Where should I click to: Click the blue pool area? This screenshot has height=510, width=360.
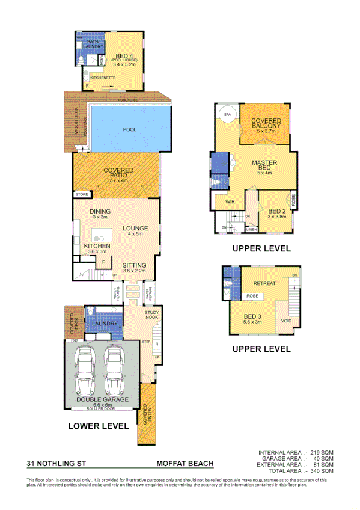(129, 129)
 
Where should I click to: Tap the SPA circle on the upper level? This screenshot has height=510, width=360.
(227, 114)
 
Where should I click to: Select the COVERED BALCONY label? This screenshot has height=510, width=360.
(266, 125)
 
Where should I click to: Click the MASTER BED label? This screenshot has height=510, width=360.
(265, 166)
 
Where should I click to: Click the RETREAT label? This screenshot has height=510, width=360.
(264, 283)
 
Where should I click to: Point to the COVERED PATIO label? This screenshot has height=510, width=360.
(118, 174)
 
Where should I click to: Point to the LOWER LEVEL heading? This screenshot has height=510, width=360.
(98, 426)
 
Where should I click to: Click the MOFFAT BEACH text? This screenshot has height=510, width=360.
(185, 464)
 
